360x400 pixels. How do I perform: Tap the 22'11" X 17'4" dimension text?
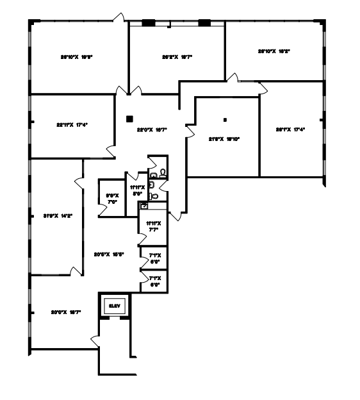click(72, 125)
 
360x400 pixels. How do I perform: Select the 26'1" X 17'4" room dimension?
click(290, 129)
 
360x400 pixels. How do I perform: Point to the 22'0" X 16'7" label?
click(152, 129)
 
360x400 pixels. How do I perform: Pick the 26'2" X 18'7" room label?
click(177, 57)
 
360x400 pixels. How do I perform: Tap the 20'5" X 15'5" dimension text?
click(109, 254)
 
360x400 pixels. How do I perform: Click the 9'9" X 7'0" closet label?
click(113, 199)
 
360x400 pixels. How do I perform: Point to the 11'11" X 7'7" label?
click(152, 226)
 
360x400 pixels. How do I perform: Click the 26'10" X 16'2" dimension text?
click(274, 51)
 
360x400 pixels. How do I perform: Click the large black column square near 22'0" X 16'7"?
click(129, 118)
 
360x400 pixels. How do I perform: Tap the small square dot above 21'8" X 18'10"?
click(225, 120)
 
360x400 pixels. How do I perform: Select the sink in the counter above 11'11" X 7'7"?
click(144, 206)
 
